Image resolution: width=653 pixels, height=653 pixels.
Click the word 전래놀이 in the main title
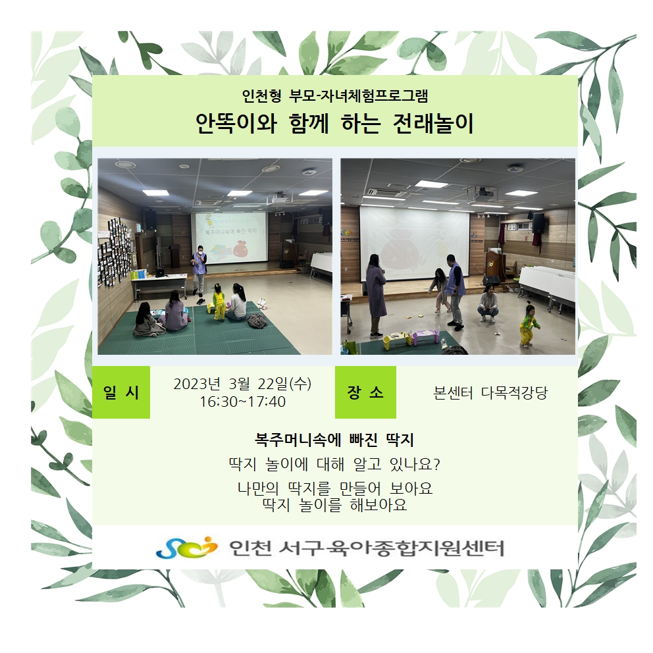coord(434,124)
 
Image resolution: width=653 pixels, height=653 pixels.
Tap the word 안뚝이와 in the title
coord(236,124)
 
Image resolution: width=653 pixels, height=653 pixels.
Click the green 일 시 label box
coord(120,392)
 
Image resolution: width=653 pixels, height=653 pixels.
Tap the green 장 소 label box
coord(365,392)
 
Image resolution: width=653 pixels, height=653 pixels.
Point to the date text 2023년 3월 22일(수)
coord(242,384)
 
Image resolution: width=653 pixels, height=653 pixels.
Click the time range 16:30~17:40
coord(242,402)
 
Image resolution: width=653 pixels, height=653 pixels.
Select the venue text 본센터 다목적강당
coord(490,393)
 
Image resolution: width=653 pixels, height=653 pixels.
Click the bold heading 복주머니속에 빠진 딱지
coord(334,440)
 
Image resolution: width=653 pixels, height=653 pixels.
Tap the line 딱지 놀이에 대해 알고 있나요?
coord(334,464)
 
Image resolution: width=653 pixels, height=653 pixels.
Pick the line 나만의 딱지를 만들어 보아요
coord(335,488)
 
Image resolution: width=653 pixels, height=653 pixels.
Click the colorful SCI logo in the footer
coord(187,548)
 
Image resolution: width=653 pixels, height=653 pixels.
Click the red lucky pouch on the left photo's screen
coord(242,250)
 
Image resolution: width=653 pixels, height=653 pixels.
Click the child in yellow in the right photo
coord(529,325)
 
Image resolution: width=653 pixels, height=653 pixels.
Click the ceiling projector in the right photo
coord(484,193)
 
